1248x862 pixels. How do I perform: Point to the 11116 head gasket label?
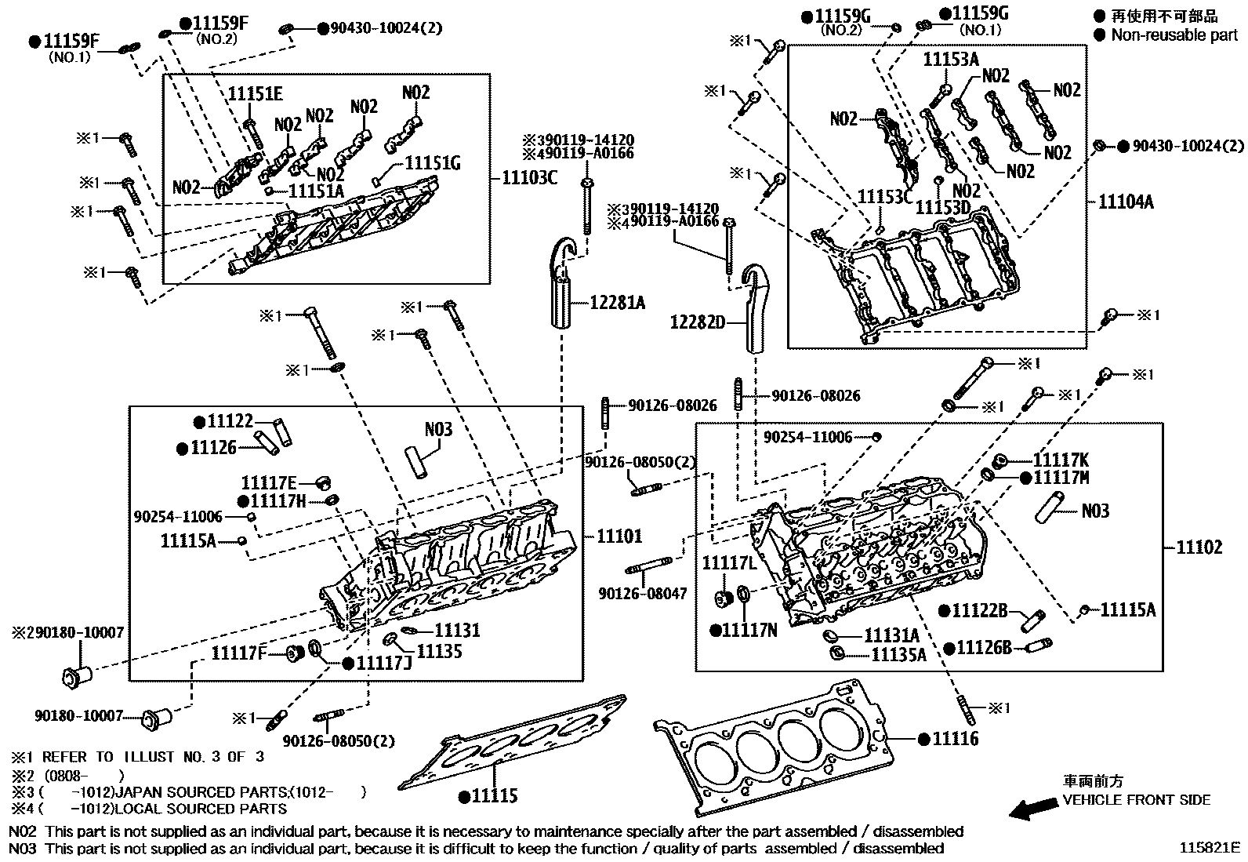(x=954, y=739)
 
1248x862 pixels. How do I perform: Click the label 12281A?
(x=618, y=302)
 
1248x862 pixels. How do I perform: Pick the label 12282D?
(x=698, y=322)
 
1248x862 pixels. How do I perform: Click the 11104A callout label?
(x=1126, y=202)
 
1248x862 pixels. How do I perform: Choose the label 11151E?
(x=255, y=93)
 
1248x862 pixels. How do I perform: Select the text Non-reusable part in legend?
(x=1174, y=35)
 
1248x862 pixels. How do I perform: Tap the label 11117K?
(x=1060, y=460)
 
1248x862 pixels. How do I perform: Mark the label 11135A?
(x=898, y=654)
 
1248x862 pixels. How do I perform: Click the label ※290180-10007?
(x=67, y=632)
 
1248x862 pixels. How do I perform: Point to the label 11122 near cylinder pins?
(x=230, y=421)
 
